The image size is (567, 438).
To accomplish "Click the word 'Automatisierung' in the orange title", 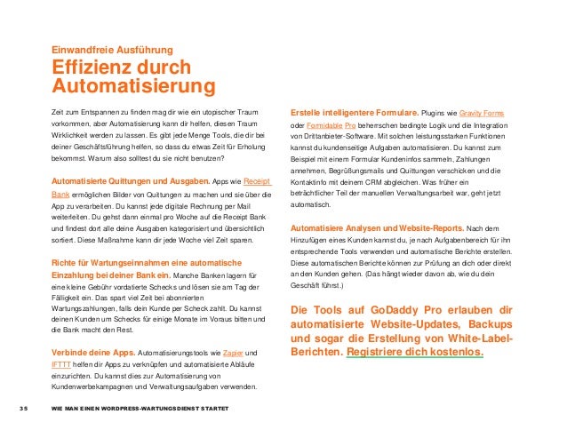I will point(134,86).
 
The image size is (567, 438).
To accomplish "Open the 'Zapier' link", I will point(234,354).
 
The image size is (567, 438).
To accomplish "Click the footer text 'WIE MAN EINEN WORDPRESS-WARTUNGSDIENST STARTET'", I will point(140,407).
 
